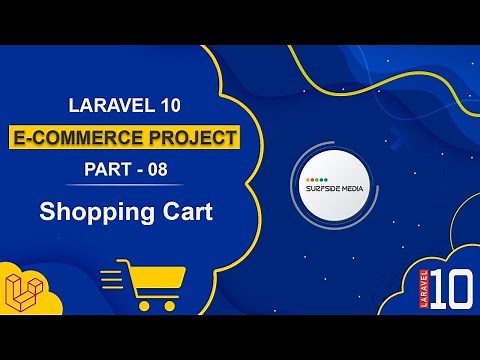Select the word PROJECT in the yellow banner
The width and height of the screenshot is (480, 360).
(x=196, y=137)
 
